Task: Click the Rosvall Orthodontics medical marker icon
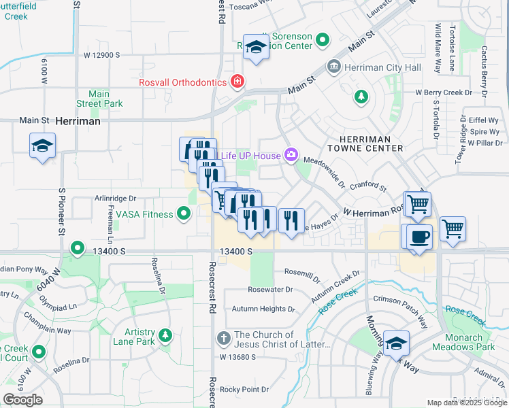tap(237, 82)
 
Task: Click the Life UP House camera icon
tap(291, 156)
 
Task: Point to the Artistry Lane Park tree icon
tap(164, 335)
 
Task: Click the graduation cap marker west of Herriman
tap(42, 146)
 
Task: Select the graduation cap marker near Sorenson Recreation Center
tap(256, 47)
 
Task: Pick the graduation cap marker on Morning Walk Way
tap(396, 343)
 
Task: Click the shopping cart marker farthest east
tap(453, 228)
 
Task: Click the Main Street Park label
tap(105, 99)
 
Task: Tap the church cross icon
tap(223, 338)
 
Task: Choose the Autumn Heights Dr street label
tap(263, 309)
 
